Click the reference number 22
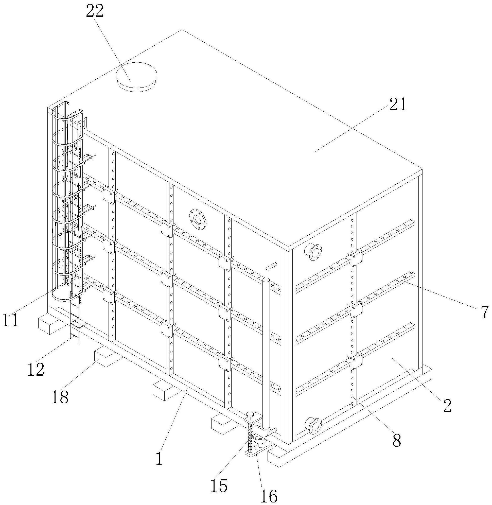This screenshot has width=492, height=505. point(95,11)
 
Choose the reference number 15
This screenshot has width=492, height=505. point(219,485)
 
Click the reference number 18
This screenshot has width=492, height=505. point(60,397)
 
